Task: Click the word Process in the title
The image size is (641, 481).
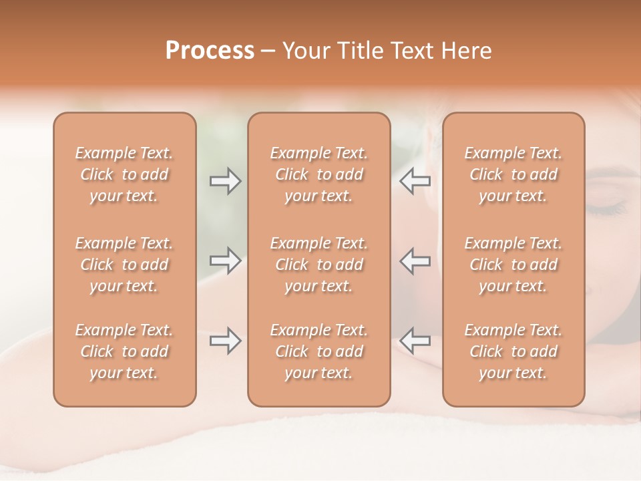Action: click(210, 51)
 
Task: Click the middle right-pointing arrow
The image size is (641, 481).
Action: click(225, 261)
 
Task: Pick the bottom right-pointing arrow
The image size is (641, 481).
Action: click(225, 341)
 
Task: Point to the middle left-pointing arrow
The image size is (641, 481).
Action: click(415, 261)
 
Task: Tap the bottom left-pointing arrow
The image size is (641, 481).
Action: click(415, 341)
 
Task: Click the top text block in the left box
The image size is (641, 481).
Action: click(124, 174)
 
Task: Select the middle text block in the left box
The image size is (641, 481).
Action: click(124, 265)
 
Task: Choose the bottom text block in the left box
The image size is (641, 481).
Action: click(124, 351)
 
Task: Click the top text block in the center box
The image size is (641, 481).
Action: click(318, 174)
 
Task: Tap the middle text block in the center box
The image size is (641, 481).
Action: click(318, 265)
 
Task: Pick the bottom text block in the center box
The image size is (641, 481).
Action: click(318, 351)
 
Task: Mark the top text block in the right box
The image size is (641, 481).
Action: click(513, 174)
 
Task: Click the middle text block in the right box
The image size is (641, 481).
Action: click(513, 265)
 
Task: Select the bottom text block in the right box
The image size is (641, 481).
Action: click(513, 351)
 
